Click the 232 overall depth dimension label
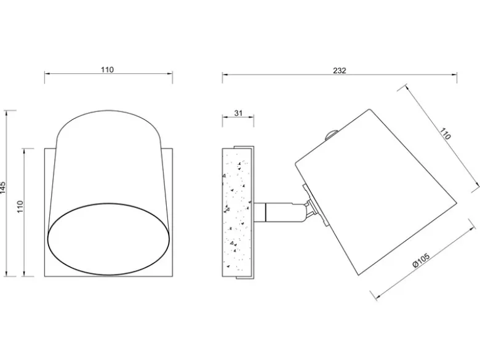[x=340, y=71]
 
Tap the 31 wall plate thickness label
[x=238, y=113]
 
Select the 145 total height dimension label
[x=3, y=188]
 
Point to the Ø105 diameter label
[x=421, y=260]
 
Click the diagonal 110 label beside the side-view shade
[x=446, y=134]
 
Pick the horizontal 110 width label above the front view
[x=108, y=70]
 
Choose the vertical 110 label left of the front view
[x=20, y=207]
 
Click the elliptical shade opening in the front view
[x=109, y=239]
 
